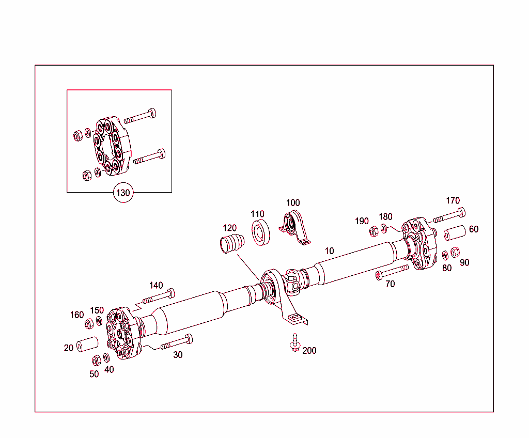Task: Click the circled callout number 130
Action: tap(123, 193)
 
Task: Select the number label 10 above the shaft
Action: tap(329, 251)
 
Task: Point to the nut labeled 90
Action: tap(455, 252)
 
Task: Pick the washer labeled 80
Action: tap(445, 256)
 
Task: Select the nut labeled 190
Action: tap(374, 231)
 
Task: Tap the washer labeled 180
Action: tap(384, 228)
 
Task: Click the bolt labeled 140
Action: tap(157, 297)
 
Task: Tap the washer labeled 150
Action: tap(99, 321)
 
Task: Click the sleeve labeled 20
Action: tap(87, 344)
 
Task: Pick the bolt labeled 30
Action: tap(176, 342)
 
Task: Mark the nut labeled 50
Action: tap(96, 360)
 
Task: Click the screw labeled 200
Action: tap(295, 342)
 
